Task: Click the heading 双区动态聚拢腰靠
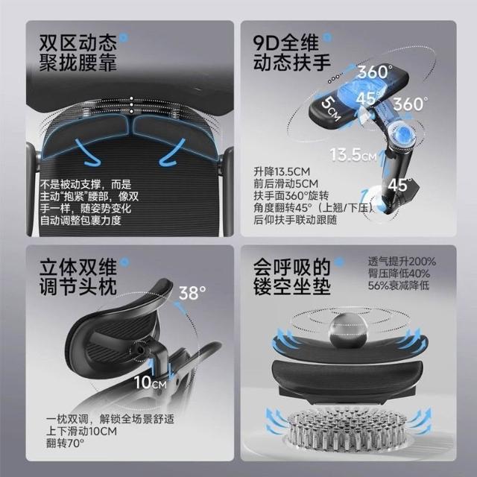point(78,53)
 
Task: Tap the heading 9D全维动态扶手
point(292,53)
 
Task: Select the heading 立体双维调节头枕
point(78,277)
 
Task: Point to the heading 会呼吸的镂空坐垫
point(292,277)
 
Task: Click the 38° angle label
point(192,293)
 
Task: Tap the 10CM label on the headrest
point(151,382)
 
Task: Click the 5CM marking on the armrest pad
point(331,109)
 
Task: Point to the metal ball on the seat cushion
point(348,330)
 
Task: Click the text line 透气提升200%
point(402,262)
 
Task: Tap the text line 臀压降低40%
point(399,274)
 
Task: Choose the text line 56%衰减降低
point(399,285)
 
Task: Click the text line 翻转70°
point(65,443)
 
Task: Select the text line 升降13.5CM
point(282,172)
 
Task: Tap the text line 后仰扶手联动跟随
point(295,220)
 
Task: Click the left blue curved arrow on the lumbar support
point(88,152)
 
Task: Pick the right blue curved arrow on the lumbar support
point(172,152)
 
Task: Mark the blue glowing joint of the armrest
point(403,136)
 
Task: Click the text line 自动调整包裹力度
point(80,221)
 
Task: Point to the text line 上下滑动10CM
point(81,431)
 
